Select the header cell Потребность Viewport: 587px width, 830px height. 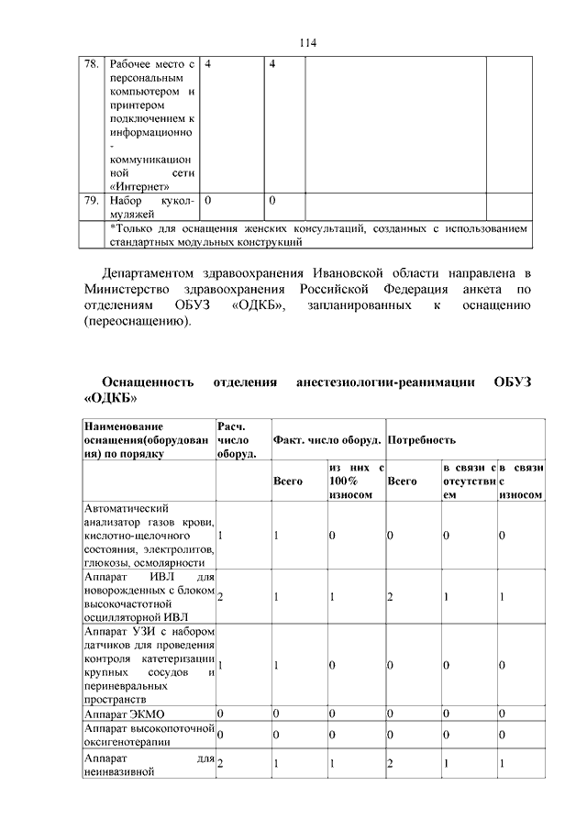coord(422,440)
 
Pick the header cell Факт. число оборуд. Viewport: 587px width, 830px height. coord(327,440)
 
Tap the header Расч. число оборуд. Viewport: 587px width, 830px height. coord(236,440)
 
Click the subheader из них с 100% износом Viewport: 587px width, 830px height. coord(355,481)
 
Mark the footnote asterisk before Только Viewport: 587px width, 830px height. coord(112,228)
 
